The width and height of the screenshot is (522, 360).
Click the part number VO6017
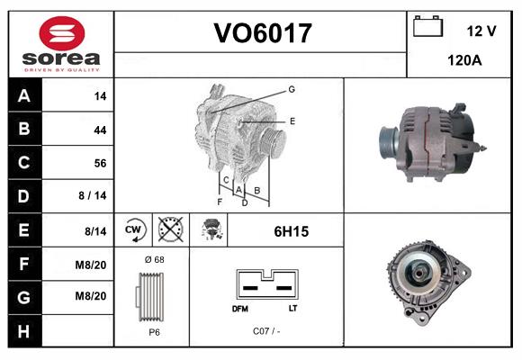(262, 34)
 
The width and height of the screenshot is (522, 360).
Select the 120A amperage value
(464, 61)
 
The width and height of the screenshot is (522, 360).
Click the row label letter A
(23, 96)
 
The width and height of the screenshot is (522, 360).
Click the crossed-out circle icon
(169, 230)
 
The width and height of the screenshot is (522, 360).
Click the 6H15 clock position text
(291, 231)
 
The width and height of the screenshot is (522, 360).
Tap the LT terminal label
(292, 308)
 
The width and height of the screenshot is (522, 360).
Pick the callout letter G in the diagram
(292, 89)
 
